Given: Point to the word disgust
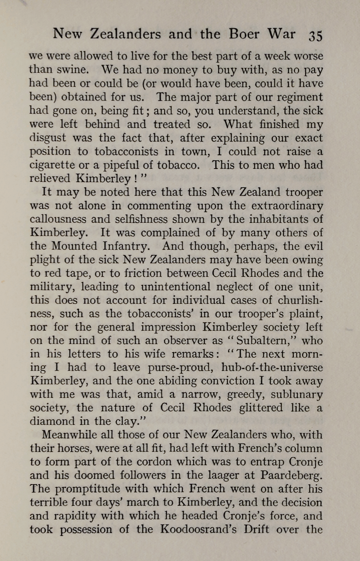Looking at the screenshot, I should point(48,138).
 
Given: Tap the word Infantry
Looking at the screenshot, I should point(126,246).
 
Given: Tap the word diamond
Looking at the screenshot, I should point(52,421).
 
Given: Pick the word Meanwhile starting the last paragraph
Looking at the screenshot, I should point(65,435).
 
